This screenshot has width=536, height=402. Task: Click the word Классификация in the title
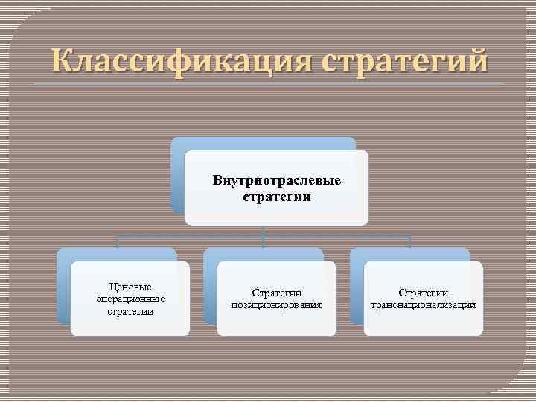click(179, 59)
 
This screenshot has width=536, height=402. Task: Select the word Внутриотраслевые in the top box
click(276, 181)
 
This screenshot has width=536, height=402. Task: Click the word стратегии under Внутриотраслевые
click(276, 197)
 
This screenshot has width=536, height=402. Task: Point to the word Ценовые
click(130, 287)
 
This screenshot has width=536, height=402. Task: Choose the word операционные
click(130, 299)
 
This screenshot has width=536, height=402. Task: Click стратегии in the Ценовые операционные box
click(130, 311)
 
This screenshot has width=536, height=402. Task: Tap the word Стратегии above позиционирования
click(276, 293)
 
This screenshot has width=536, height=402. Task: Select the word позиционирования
click(276, 305)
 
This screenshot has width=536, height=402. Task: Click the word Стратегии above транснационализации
click(423, 293)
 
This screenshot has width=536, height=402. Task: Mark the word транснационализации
click(423, 305)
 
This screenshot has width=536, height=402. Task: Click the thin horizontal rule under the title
click(268, 84)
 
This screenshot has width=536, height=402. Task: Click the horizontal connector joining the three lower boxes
click(194, 237)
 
